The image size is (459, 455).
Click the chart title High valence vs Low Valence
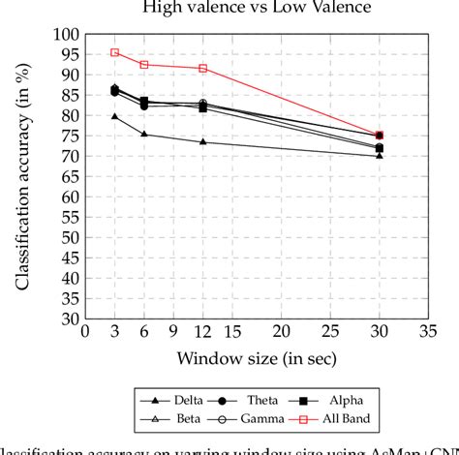(257, 9)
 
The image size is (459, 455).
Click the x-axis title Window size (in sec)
(256, 359)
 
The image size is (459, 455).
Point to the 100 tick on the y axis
(65, 34)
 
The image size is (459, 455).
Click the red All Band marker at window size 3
(114, 52)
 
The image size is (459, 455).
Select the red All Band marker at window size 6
(144, 65)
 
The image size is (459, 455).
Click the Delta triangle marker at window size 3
(114, 116)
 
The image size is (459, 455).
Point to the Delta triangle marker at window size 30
(379, 156)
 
